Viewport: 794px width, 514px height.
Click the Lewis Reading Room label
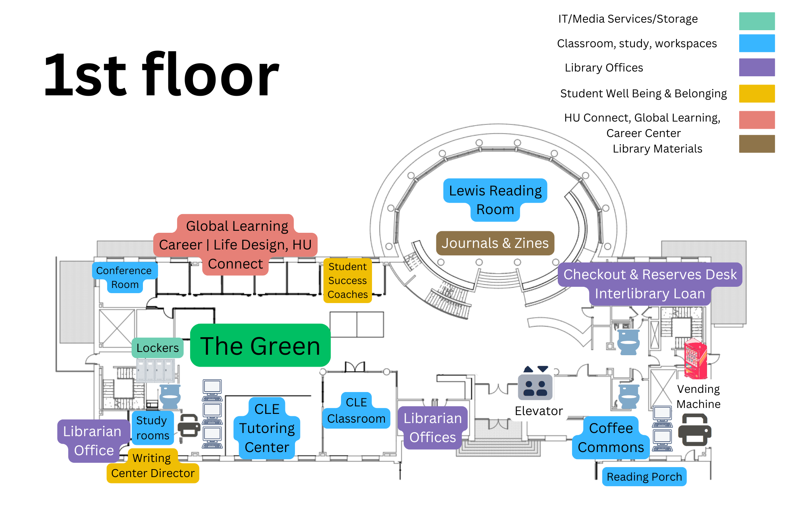495,200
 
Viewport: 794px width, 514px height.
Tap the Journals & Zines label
495,243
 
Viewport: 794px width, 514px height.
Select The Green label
260,346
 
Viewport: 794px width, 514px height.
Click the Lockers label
158,348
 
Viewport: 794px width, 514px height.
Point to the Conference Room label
124,277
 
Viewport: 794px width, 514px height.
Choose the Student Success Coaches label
348,280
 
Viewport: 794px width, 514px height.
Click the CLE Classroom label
356,411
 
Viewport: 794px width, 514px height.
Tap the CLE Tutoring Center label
267,428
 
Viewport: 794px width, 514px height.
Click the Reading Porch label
644,477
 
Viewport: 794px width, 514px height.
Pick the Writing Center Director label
153,466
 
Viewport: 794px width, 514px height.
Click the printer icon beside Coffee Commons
694,430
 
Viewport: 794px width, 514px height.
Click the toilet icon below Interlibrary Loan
628,342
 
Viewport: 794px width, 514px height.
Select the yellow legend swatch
757,94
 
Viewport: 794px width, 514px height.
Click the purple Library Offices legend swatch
757,68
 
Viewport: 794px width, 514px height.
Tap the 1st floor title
161,75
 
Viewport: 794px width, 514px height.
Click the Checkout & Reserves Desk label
650,274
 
